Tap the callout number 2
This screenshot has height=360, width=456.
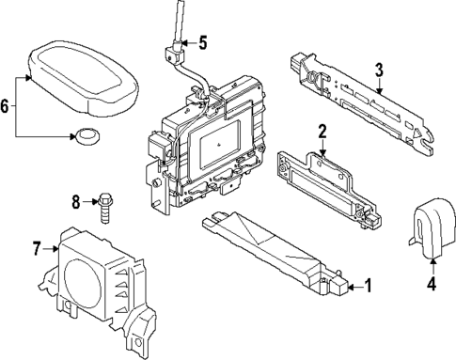(322, 131)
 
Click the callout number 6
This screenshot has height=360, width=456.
(7, 107)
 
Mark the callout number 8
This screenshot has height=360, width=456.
(77, 200)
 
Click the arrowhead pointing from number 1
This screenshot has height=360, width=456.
(344, 285)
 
